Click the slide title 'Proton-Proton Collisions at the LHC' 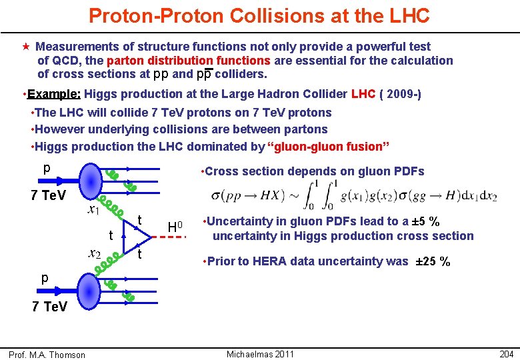(259, 16)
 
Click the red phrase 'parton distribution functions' (193, 61)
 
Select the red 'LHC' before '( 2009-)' (363, 94)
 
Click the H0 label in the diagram (175, 228)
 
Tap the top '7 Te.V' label (48, 195)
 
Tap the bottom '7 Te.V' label (48, 306)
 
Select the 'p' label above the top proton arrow (46, 168)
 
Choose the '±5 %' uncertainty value (419, 221)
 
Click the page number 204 (507, 354)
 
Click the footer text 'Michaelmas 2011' (260, 354)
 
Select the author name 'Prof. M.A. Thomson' (47, 355)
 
